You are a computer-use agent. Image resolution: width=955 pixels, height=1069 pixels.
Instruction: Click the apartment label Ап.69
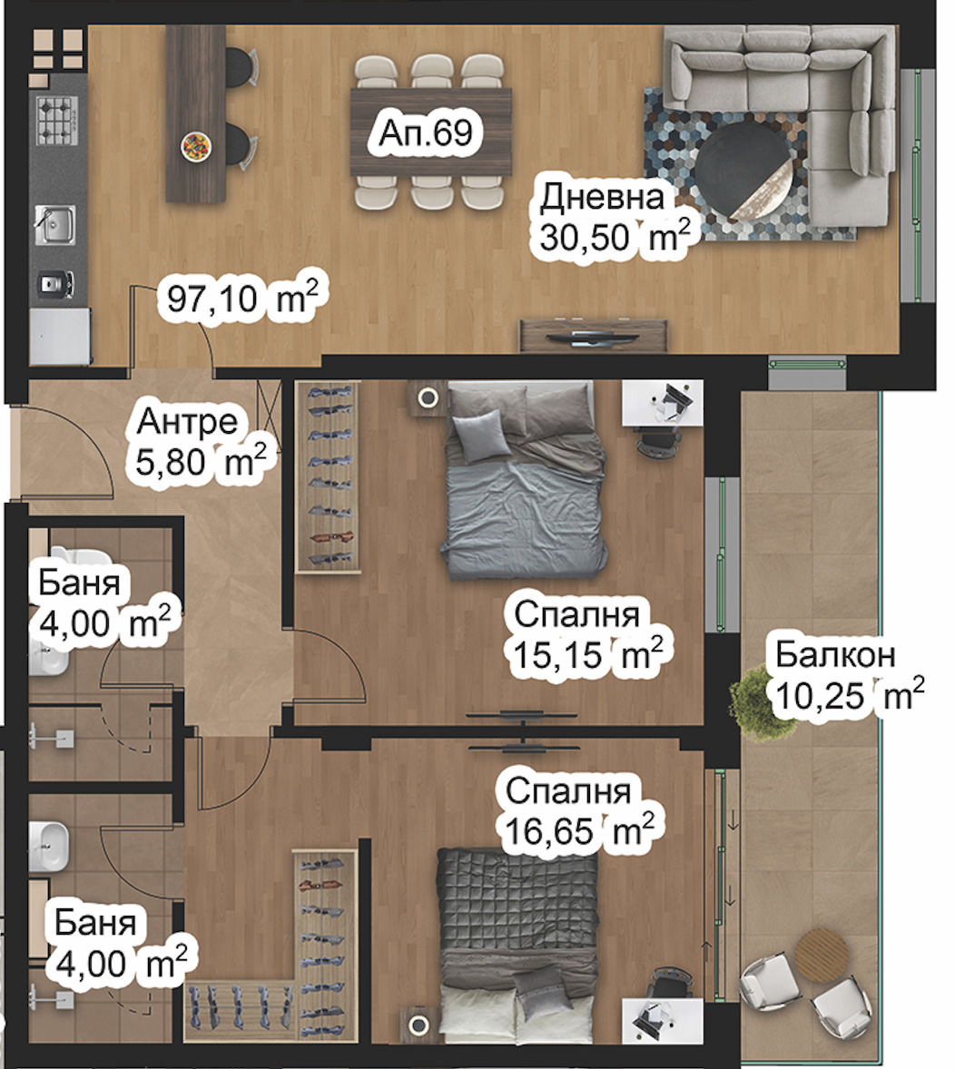point(426,132)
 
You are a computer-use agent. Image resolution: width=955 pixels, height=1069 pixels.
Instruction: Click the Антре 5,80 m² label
point(201,442)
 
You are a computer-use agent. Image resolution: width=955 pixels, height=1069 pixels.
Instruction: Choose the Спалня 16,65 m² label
point(579,811)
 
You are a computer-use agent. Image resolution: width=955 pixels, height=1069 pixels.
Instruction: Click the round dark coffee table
point(745,170)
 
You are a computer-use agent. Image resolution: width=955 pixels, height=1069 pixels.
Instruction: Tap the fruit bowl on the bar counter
point(196,147)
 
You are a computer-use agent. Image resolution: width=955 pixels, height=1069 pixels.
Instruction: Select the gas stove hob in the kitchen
point(57,122)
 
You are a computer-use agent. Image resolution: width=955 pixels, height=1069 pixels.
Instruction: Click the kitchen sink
point(54,224)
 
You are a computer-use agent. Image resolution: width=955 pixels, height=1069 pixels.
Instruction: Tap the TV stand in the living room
point(594,336)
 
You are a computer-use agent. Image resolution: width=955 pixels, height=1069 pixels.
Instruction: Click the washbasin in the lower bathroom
point(49,846)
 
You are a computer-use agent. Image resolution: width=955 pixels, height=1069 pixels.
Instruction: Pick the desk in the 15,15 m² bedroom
point(662,404)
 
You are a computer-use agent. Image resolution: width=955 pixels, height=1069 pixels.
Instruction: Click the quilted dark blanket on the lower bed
point(517,900)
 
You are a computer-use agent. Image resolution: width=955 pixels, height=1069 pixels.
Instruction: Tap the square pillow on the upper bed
point(482,436)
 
